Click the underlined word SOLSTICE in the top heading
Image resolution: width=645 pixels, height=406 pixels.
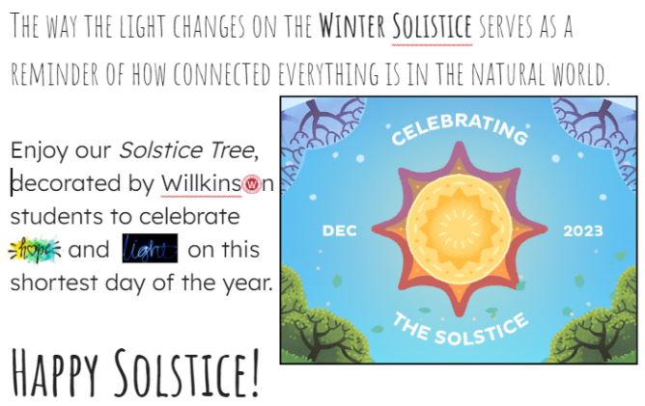[433, 25]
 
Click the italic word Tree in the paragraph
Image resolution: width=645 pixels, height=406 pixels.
[231, 150]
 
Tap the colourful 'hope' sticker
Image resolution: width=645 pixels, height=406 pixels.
[35, 250]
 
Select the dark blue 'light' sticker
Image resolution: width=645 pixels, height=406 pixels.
[150, 250]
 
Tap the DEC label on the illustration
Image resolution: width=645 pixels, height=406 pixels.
[339, 231]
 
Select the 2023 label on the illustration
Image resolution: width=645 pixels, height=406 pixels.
[582, 231]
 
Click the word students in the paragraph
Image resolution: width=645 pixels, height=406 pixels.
[51, 216]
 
